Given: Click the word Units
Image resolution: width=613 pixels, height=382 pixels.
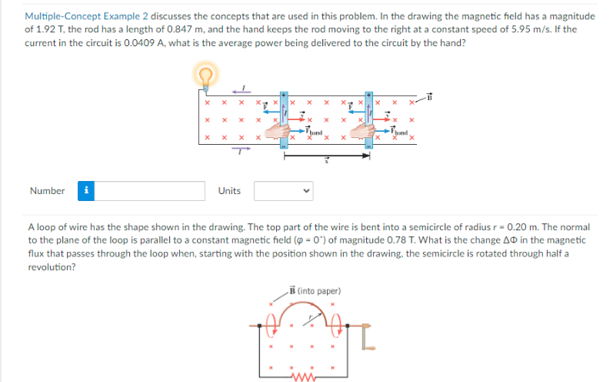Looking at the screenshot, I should click(x=228, y=190).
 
